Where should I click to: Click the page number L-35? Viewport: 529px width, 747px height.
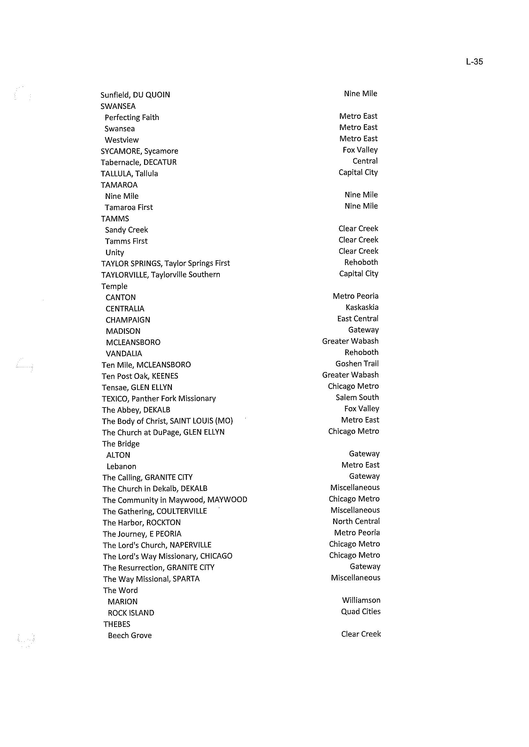[x=474, y=62]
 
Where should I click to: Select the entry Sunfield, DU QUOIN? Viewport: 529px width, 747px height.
[x=135, y=95]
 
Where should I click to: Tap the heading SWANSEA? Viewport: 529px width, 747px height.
[x=118, y=106]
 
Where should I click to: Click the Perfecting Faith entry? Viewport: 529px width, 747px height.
[x=132, y=117]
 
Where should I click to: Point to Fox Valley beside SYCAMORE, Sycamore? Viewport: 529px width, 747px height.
[x=360, y=150]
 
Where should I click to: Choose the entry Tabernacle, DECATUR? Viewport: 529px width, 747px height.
[x=138, y=162]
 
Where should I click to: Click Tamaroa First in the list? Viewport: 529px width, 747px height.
[x=129, y=207]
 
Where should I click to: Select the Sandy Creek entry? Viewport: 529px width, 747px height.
[x=126, y=230]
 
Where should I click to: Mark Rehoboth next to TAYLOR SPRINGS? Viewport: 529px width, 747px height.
[x=361, y=262]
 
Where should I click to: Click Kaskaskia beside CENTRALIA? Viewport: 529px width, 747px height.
[x=362, y=308]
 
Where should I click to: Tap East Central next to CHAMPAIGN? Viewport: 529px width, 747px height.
[x=358, y=318]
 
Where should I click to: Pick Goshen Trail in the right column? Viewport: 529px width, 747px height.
[x=357, y=363]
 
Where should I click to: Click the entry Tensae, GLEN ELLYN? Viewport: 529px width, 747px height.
[x=137, y=387]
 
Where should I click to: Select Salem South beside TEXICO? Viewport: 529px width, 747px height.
[x=357, y=397]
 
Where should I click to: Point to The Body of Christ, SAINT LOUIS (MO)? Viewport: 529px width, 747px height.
[x=167, y=421]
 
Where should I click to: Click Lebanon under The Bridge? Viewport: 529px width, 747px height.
[x=121, y=466]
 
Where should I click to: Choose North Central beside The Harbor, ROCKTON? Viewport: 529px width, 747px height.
[x=356, y=521]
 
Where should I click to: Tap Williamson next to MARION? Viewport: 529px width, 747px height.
[x=361, y=600]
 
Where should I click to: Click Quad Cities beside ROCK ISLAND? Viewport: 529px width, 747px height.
[x=361, y=612]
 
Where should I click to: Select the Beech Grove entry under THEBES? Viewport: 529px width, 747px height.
[x=130, y=635]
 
